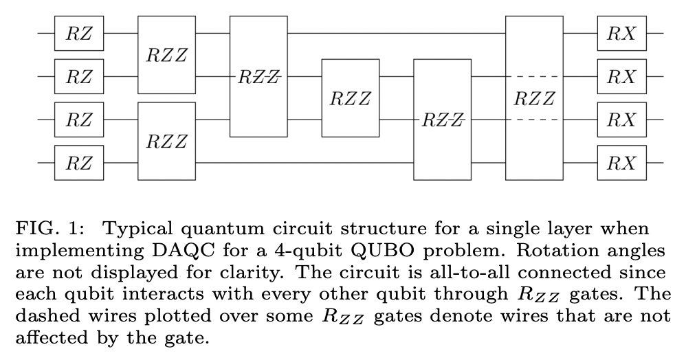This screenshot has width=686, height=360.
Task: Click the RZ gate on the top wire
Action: click(x=79, y=33)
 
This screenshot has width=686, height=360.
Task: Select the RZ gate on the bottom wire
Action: click(x=79, y=164)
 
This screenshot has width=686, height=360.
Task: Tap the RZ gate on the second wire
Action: click(x=79, y=76)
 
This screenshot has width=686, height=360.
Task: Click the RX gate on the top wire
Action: click(x=621, y=33)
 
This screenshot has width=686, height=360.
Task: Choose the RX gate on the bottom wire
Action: click(x=621, y=164)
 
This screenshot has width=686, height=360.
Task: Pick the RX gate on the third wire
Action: click(x=621, y=120)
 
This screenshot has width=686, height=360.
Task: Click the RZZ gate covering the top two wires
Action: click(x=167, y=54)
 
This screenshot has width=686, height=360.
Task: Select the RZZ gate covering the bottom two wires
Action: click(x=167, y=142)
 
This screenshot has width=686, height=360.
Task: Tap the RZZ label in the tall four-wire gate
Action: click(x=534, y=98)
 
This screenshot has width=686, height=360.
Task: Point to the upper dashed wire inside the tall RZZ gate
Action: click(x=534, y=76)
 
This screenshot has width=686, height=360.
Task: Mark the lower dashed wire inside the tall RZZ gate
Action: click(x=534, y=120)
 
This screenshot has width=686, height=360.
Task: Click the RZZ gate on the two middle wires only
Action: click(x=350, y=98)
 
